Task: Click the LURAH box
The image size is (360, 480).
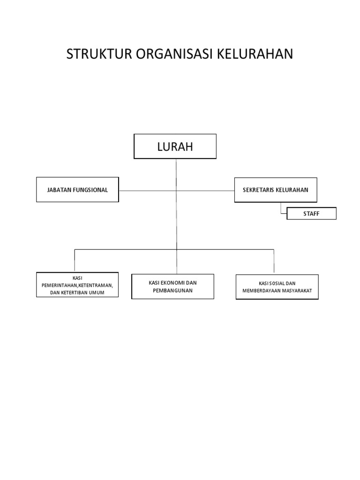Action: click(175, 146)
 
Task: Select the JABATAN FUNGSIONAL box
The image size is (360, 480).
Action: click(77, 190)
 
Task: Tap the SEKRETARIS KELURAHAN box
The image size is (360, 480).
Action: click(276, 190)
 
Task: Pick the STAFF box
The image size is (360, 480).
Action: click(311, 214)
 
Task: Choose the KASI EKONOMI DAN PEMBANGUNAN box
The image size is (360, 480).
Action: click(172, 286)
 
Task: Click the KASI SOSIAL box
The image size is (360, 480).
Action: click(277, 287)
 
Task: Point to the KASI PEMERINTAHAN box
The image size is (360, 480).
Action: click(77, 285)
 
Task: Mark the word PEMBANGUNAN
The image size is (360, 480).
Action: click(172, 291)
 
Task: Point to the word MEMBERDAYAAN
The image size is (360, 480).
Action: click(262, 291)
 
